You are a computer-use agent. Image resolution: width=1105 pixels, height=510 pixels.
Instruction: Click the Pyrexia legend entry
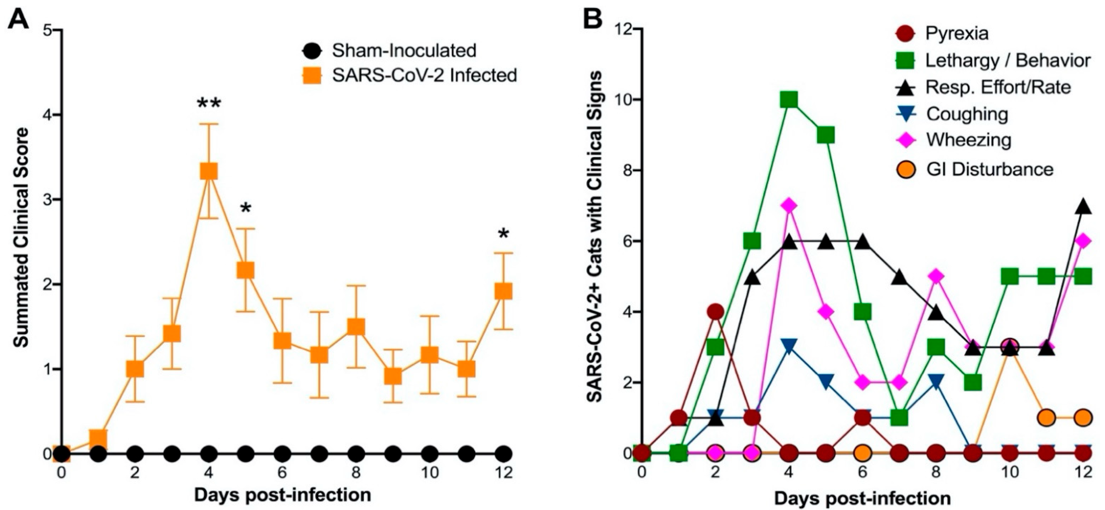(957, 33)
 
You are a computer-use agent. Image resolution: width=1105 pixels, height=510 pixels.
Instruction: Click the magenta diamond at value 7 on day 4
(789, 206)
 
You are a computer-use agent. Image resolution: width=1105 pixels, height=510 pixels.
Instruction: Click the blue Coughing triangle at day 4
(789, 346)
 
